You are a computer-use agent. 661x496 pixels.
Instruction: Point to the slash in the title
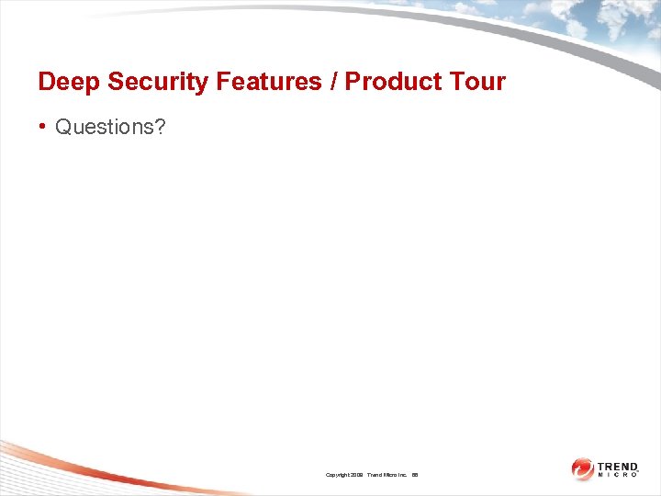point(331,82)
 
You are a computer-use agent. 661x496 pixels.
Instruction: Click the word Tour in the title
point(476,82)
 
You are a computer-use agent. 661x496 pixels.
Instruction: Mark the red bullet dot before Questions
point(43,127)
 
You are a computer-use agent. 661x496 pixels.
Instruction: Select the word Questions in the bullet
point(104,127)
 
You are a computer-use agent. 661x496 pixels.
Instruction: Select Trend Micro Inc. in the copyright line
point(389,475)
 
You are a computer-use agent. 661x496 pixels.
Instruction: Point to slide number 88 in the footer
point(415,475)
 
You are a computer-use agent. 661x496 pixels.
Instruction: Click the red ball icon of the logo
point(582,469)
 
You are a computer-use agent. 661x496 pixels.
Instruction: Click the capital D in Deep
point(47,82)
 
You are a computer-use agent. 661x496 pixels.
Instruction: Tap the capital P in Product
point(353,82)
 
